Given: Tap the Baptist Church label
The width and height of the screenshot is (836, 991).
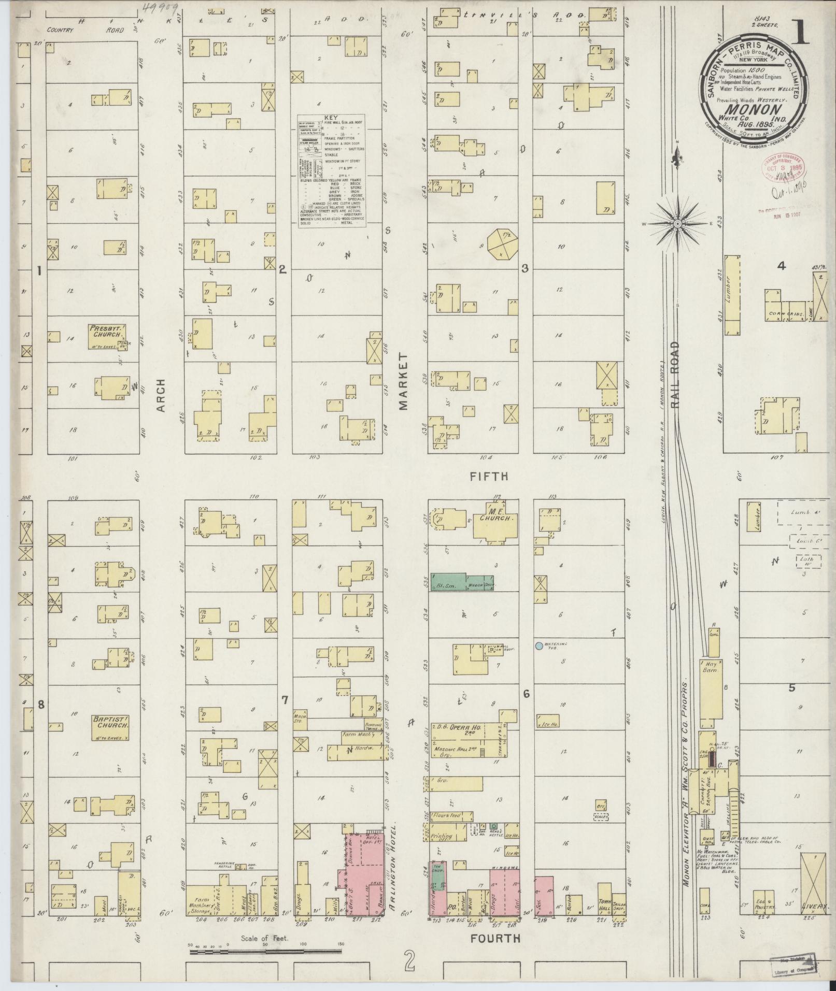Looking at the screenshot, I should (x=109, y=721).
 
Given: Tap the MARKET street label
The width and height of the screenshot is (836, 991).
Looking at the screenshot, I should (x=404, y=382).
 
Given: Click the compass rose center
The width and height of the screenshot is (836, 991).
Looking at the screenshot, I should (x=677, y=223).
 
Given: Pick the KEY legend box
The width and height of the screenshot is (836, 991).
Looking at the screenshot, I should (x=331, y=169).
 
